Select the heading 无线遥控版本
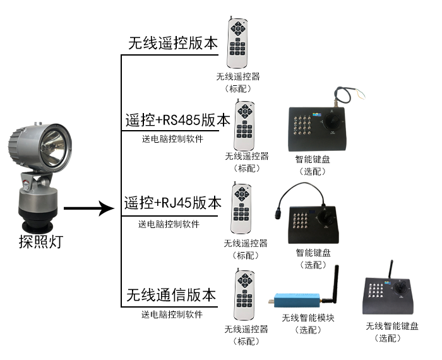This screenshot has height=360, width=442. point(173,44)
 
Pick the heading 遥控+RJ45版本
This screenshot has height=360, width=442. point(173,203)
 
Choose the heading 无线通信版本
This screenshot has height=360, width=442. point(171,295)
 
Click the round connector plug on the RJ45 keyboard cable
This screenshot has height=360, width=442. point(278,213)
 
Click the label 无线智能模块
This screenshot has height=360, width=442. point(308,318)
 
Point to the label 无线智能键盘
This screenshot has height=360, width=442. point(391,326)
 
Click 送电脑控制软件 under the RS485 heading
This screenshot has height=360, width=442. point(172,139)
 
